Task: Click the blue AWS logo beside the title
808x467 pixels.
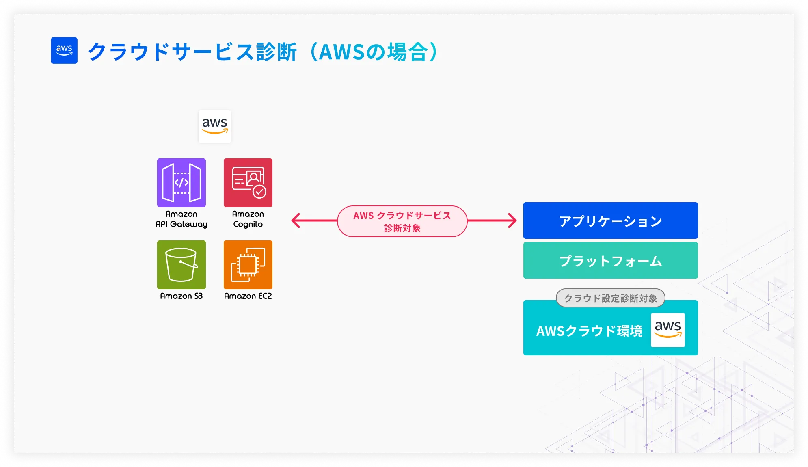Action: click(x=64, y=50)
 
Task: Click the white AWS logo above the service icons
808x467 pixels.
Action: click(x=215, y=126)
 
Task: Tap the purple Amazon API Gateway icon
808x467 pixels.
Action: click(x=181, y=183)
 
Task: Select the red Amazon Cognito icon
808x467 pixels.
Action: click(x=248, y=183)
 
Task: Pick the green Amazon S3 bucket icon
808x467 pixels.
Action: click(x=181, y=265)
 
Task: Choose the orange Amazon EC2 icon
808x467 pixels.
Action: click(x=248, y=265)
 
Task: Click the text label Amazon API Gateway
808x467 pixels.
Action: click(x=181, y=219)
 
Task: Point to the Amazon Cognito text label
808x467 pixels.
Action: click(x=248, y=219)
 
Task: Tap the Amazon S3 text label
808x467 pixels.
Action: click(x=181, y=296)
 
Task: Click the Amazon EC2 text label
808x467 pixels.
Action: click(x=248, y=296)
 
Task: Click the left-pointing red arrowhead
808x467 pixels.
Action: click(x=296, y=221)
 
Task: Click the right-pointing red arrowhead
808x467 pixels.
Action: click(x=513, y=221)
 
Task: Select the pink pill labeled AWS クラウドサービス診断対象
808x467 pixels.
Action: click(x=402, y=221)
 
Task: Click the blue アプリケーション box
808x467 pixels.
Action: click(x=610, y=221)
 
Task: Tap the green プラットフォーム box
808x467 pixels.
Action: click(x=610, y=260)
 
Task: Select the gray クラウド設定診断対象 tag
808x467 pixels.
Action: click(x=610, y=298)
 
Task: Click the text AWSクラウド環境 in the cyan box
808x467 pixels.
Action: click(x=589, y=331)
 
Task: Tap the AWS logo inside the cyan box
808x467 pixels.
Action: click(x=668, y=330)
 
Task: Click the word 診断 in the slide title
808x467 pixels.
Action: click(x=277, y=52)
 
